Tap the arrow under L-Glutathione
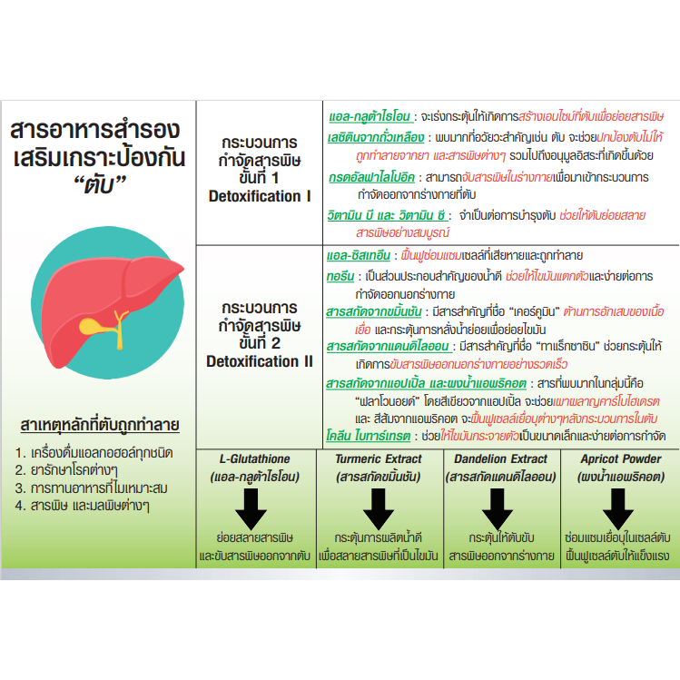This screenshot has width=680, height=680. (x=251, y=509)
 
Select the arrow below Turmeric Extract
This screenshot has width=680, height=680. (x=379, y=509)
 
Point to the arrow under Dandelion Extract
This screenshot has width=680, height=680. (x=498, y=509)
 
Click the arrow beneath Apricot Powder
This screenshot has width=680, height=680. (x=618, y=509)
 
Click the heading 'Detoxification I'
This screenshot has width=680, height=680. (x=260, y=196)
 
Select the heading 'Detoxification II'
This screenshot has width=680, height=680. (x=260, y=361)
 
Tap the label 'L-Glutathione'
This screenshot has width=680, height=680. (x=254, y=458)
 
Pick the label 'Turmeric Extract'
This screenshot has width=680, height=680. (x=379, y=458)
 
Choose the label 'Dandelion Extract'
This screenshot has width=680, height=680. (x=500, y=458)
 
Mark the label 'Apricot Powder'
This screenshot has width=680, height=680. (x=621, y=458)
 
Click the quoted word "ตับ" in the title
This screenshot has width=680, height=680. (x=99, y=185)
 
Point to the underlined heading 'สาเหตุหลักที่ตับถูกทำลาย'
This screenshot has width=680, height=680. (x=100, y=425)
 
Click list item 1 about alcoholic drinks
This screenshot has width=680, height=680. (x=94, y=453)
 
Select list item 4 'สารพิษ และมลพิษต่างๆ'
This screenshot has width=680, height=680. (x=83, y=506)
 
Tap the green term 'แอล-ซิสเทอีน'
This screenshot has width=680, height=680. (x=359, y=255)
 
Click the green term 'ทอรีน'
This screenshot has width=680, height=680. (x=340, y=276)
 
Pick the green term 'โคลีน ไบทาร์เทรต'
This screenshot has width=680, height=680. (x=369, y=436)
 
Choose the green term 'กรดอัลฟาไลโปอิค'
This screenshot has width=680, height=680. (x=371, y=177)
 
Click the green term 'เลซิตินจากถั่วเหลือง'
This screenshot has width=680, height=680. (x=376, y=137)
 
